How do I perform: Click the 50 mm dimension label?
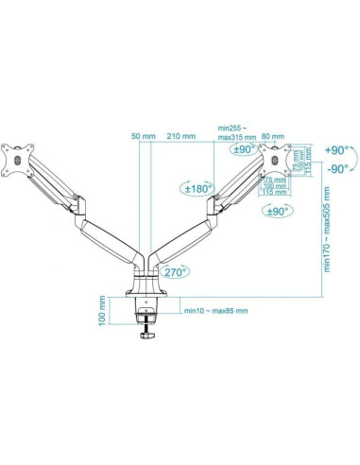tap(143, 136)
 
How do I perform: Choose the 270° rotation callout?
tap(174, 271)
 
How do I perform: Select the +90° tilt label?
tap(337, 149)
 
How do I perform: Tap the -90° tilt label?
tap(337, 170)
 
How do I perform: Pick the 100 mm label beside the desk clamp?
tap(101, 310)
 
